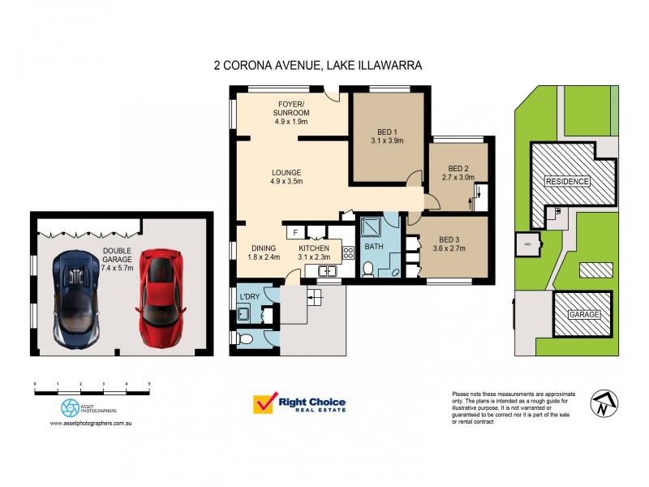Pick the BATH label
[373, 245]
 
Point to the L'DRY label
[248, 296]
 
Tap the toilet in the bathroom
[367, 269]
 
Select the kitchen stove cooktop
[348, 252]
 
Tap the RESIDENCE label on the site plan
[567, 181]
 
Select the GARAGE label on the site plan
[583, 314]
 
